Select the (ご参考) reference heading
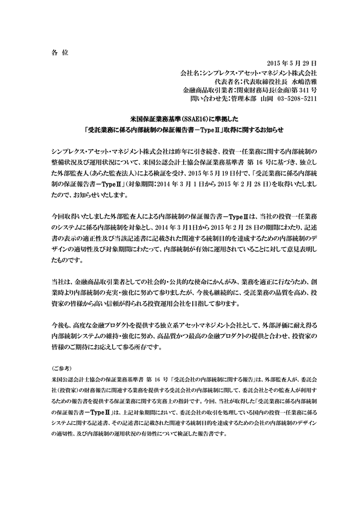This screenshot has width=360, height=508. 62,369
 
